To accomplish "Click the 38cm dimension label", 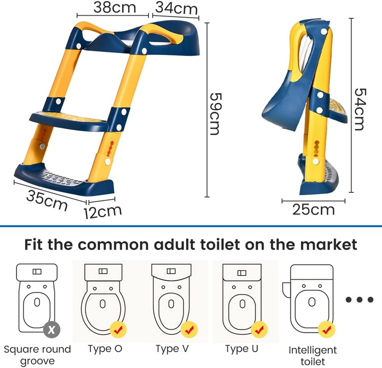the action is click(115, 7).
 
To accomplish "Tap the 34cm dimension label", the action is click(176, 8).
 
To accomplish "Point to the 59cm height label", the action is click(215, 114).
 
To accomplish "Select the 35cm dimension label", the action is click(46, 200).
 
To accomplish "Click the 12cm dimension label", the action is click(103, 212).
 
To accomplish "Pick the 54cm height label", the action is click(360, 109).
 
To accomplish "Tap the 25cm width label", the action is click(313, 210).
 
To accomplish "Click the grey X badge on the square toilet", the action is click(52, 329).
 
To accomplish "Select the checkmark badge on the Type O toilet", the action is click(118, 329).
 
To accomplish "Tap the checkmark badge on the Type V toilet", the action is click(189, 329).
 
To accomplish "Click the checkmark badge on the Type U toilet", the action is click(259, 329).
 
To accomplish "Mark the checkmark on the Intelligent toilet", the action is click(327, 329).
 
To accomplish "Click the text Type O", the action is click(105, 349).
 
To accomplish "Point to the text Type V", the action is click(172, 349).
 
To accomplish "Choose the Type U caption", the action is click(242, 349).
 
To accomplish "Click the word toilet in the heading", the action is click(221, 244).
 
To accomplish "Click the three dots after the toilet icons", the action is click(360, 299).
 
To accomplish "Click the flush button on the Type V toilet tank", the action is click(171, 271).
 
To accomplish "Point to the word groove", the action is click(38, 361).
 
